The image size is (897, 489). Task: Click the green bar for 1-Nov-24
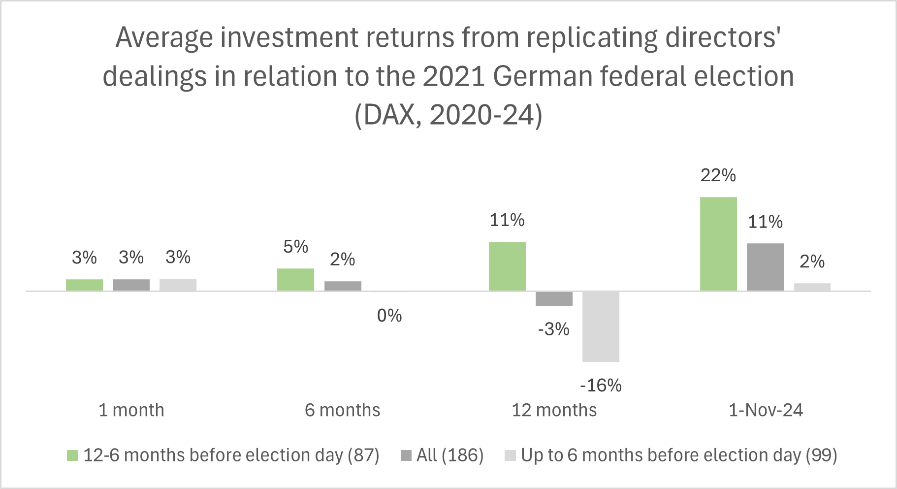coord(718,244)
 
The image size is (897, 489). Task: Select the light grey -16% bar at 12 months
coord(601,326)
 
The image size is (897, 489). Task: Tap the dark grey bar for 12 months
coord(554,299)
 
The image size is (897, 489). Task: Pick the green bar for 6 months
coord(295,280)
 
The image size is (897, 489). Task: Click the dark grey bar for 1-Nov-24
coord(765,267)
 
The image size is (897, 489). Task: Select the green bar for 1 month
coord(84,285)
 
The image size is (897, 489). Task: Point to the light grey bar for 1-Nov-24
coord(812,287)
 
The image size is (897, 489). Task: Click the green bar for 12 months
coord(507,266)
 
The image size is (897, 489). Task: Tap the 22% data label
coord(718,175)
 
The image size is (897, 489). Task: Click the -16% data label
coord(601,385)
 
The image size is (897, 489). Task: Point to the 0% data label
coord(389,316)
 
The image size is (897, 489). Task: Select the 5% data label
coord(295,247)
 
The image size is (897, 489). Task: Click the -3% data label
coord(554,329)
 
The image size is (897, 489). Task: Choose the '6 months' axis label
coord(342,410)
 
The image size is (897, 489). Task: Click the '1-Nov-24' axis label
coord(766,410)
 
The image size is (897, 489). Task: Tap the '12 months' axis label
coord(554,410)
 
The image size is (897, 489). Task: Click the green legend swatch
coord(72,456)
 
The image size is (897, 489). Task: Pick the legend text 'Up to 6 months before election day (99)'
coord(679,456)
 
